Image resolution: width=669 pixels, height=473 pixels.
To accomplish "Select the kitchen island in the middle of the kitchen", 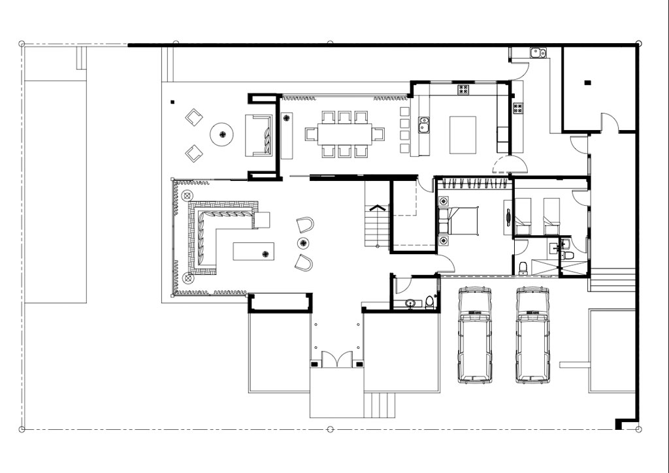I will coord(463,134).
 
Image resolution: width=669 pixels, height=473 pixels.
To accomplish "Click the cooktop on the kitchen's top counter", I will coord(464,90).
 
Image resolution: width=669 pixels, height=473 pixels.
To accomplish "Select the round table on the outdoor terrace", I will coord(222,135).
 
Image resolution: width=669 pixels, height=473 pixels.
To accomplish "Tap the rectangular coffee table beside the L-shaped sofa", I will coord(254,252).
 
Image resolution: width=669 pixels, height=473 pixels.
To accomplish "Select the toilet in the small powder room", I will coord(429,302).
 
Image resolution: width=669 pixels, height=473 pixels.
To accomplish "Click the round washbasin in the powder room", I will coord(410,303).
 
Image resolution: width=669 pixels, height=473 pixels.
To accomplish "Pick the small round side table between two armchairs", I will coord(303,243).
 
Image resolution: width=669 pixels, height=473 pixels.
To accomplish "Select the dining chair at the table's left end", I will coord(311,134).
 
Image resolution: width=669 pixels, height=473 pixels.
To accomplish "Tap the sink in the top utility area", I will coord(538,53).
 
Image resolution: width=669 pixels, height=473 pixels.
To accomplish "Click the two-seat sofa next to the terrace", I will coord(259,136).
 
